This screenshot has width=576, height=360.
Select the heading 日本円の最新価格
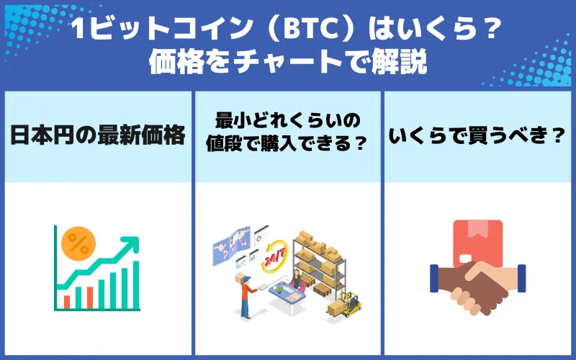(98, 135)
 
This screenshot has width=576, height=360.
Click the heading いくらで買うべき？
(477, 135)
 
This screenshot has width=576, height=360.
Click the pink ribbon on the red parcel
(477, 230)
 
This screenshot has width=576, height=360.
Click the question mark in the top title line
(491, 32)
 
